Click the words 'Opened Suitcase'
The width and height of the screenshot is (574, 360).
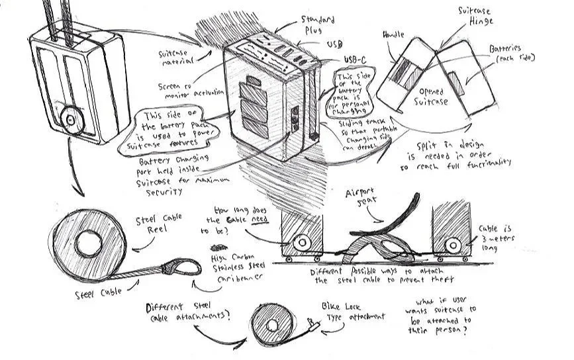pos(432,97)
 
